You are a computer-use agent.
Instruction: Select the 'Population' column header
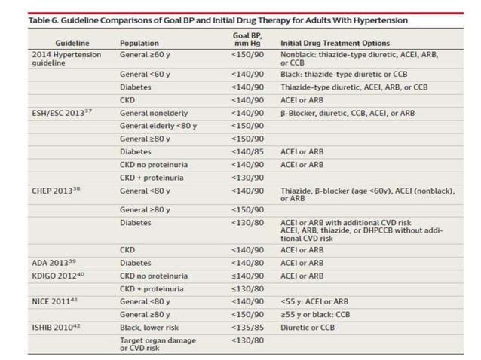pos(139,43)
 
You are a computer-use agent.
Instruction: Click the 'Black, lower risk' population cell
pos(151,327)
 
